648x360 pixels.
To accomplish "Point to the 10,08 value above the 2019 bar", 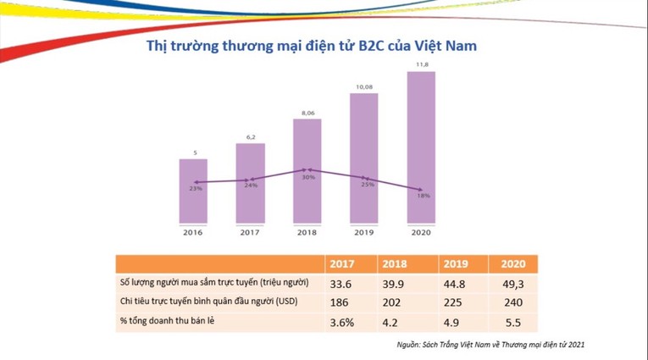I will (364, 86).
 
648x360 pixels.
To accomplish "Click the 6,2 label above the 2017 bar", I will (251, 136).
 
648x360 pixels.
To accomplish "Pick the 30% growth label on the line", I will (308, 177).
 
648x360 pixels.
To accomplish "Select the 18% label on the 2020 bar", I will (423, 196).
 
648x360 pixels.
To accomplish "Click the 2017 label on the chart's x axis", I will (250, 232).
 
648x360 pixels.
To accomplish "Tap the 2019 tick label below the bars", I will (364, 232).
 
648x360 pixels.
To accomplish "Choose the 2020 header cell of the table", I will (513, 263).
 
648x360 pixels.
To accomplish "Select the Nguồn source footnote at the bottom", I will (490, 346).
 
